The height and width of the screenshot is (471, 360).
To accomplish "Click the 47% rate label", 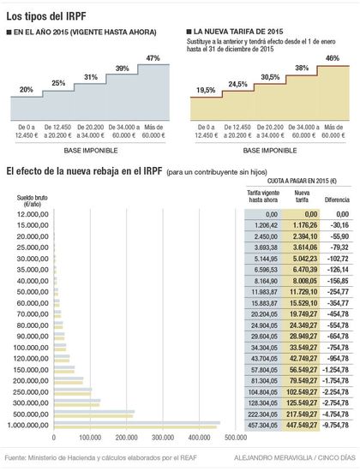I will coord(153,58).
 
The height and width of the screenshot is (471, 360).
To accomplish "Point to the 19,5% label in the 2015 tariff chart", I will coord(206,89).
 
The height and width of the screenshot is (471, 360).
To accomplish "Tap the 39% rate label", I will coord(123,69).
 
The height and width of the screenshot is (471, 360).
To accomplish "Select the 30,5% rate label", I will coord(268,76).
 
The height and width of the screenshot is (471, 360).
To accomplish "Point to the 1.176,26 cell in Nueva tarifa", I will coord(301,224).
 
